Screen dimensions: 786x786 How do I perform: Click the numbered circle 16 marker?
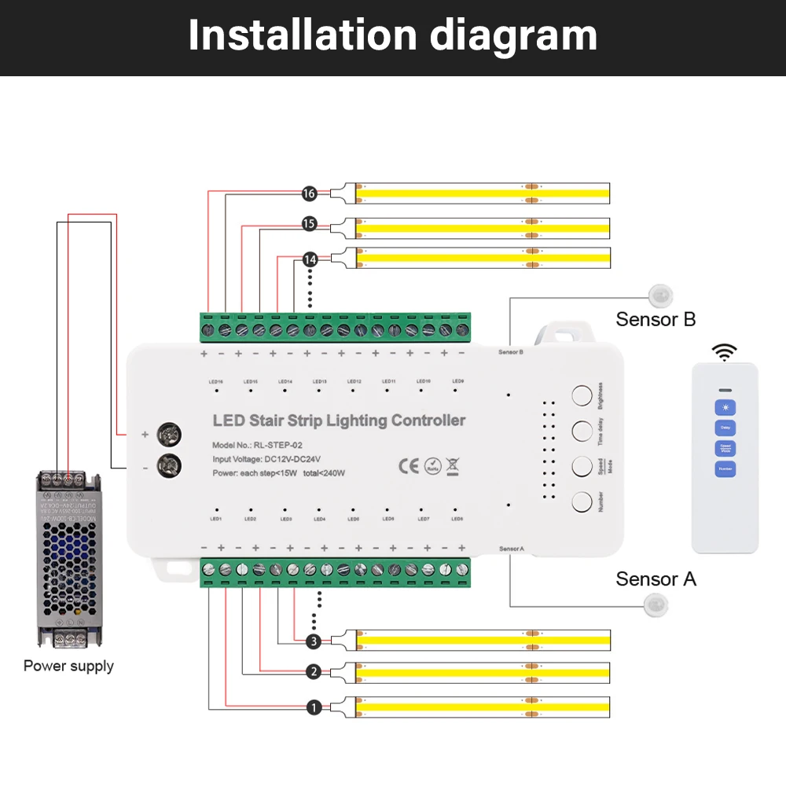[x=309, y=193]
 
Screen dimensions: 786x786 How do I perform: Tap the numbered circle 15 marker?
[x=309, y=225]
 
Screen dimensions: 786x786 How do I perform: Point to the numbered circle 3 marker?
[x=314, y=641]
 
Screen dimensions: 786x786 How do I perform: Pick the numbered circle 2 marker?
[x=314, y=672]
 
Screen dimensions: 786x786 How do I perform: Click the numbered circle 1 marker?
[x=314, y=708]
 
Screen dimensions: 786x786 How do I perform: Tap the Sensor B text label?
[x=656, y=319]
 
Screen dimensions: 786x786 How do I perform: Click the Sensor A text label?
[x=656, y=579]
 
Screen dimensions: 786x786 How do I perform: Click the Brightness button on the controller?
[x=582, y=395]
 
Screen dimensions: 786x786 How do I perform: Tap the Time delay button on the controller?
[x=582, y=431]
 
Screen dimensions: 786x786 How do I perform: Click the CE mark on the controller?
[x=409, y=465]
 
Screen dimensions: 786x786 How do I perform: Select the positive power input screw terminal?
[x=167, y=433]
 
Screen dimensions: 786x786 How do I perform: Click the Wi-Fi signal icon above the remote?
[x=724, y=351]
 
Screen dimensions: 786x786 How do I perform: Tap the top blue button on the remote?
[x=724, y=408]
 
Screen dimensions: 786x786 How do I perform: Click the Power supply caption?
[x=68, y=666]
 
